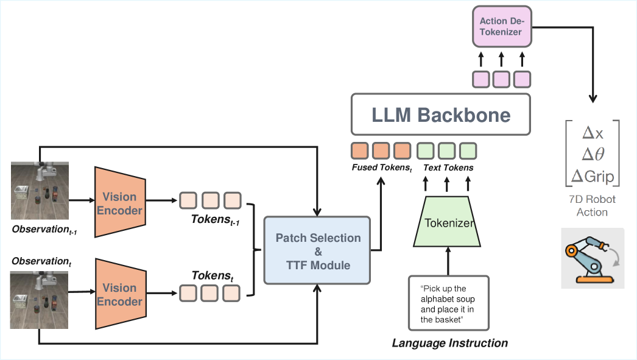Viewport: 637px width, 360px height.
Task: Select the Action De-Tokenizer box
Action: coord(502,26)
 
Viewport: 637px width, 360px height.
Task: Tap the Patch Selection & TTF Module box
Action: coord(317,250)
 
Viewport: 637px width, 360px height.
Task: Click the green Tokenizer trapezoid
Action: coord(448,222)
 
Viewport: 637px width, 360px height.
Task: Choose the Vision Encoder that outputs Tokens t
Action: coord(119,294)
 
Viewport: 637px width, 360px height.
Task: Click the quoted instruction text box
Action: coord(448,303)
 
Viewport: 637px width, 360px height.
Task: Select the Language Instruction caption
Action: coord(449,344)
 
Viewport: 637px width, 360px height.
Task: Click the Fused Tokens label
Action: coord(381,168)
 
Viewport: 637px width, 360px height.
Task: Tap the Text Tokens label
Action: coord(448,168)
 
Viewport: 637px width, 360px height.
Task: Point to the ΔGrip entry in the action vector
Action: coord(592,175)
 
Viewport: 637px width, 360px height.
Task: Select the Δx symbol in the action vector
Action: coord(592,133)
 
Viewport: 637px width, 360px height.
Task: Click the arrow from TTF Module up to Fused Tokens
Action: coord(381,213)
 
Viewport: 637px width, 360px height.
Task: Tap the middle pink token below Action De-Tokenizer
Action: coord(502,79)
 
